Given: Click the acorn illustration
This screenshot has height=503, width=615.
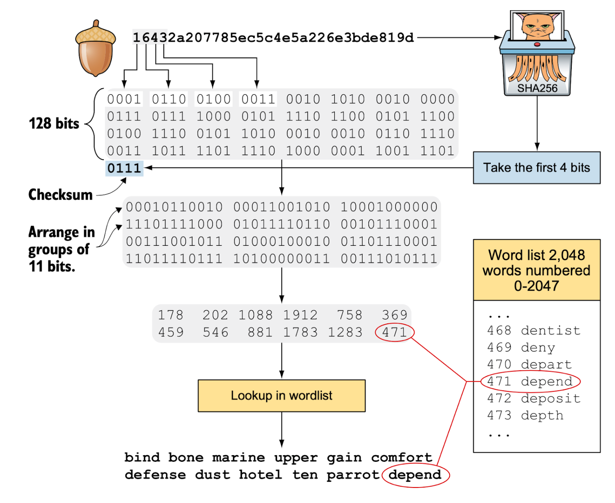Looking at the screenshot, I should tap(95, 49).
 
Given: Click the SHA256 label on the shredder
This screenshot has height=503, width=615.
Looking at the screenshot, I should tap(537, 88).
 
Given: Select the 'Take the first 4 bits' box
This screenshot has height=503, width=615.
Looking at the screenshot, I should tap(536, 168).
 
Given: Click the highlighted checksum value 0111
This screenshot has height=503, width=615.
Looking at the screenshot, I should tap(124, 168).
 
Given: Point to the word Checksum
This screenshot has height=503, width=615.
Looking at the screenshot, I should tap(60, 195).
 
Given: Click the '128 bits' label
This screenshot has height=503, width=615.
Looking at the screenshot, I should tap(54, 123).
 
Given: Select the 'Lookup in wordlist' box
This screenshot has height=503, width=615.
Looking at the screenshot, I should tap(281, 396).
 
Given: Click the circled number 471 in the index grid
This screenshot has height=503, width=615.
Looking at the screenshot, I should tap(394, 332).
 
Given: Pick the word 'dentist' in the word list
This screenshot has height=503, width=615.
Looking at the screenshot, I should tap(550, 330).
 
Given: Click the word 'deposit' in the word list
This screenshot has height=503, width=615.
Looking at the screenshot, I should tap(550, 398).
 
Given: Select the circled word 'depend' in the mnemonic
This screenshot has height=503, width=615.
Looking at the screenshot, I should tap(415, 475).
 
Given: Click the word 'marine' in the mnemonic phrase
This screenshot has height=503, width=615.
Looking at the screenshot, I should tap(238, 458).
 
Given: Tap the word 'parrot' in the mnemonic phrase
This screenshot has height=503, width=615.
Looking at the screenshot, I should tap(353, 475).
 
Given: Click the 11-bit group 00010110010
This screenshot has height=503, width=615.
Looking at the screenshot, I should tap(174, 207).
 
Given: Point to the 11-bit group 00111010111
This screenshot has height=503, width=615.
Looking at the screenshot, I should tap(389, 258).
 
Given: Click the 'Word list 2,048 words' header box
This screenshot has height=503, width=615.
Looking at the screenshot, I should tap(536, 270).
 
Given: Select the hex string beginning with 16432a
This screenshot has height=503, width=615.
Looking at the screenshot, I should tap(273, 38).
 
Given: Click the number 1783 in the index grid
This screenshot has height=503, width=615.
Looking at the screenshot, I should tap(301, 332).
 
